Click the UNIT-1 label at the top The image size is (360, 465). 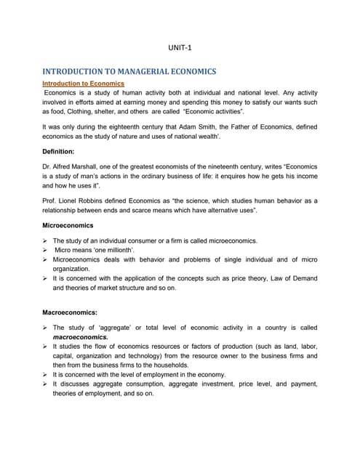click(180, 49)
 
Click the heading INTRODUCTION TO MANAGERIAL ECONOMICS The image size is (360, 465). click(129, 72)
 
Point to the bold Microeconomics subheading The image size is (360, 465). click(67, 225)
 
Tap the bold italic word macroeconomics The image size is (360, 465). click(80, 337)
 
